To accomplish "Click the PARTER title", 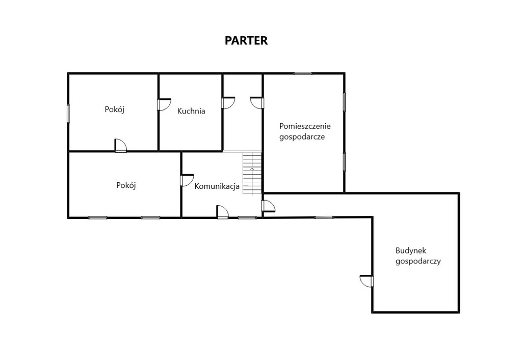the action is (x=246, y=40).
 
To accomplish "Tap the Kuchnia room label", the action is (x=191, y=111).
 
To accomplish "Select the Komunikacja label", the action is (x=217, y=186).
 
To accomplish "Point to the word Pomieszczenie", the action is (x=305, y=126).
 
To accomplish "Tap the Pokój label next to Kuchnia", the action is (x=115, y=109).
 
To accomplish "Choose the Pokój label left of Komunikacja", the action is (x=126, y=185).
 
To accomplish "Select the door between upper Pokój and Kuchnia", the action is (x=164, y=104).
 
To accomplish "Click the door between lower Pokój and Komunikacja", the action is (x=187, y=180).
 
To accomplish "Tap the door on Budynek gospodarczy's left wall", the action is (x=367, y=281).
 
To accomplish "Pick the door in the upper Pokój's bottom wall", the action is (x=120, y=145).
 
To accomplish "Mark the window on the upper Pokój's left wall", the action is (x=68, y=114).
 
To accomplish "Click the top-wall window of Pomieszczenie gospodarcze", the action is (x=303, y=73).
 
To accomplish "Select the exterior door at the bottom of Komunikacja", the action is (x=222, y=212).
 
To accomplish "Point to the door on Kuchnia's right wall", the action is (x=228, y=103).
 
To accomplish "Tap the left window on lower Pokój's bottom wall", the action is (x=98, y=218).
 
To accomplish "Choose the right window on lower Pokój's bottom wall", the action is (x=150, y=218).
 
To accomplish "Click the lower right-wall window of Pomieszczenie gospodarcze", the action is (x=344, y=162).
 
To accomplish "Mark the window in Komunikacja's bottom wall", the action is (x=247, y=218).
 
